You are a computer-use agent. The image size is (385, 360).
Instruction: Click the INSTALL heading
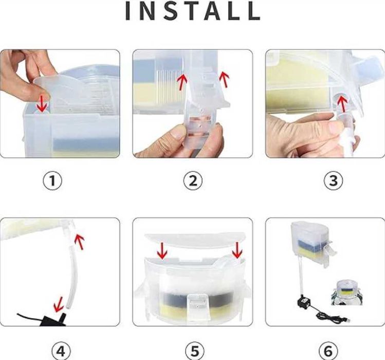193,11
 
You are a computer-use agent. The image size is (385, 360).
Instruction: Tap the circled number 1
52,181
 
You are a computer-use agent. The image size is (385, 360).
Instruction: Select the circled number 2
193,181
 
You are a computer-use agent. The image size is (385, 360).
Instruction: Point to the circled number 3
333,181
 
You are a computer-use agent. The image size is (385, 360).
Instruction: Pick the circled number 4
61,351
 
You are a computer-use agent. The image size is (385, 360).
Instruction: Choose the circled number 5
194,351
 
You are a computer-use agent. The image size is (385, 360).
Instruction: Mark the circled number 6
328,351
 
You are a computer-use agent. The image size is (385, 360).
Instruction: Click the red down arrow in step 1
42,103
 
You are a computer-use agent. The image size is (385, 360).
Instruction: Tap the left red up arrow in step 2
182,81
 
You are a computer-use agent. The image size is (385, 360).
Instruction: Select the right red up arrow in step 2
224,79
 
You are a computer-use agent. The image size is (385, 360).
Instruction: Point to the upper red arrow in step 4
79,242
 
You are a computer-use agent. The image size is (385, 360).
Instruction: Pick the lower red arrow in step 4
59,304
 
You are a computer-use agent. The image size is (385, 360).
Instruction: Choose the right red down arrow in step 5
237,250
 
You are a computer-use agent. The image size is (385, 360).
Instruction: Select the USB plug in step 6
346,320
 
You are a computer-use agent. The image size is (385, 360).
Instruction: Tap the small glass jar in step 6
346,293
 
